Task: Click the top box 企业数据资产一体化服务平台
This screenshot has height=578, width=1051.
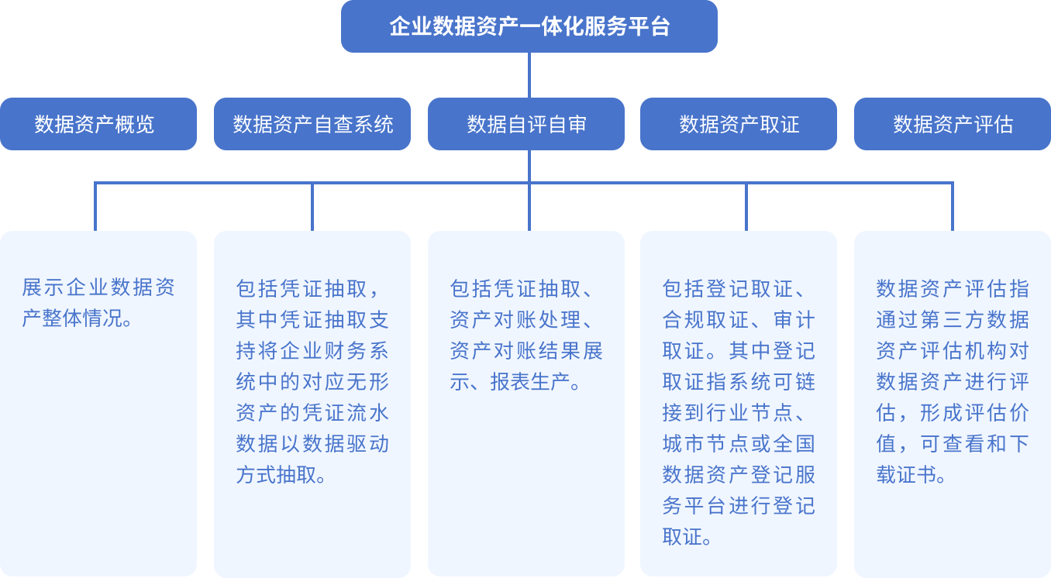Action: (529, 26)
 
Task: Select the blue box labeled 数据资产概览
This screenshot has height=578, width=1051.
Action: (98, 124)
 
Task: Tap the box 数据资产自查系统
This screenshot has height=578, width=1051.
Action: (312, 124)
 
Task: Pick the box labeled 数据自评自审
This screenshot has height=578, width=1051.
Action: (526, 124)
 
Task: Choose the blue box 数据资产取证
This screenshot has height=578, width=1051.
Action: (739, 124)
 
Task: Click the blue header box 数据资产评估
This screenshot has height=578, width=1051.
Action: (953, 124)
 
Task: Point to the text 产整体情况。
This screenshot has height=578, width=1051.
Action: (78, 318)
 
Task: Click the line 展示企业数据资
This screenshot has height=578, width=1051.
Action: (98, 287)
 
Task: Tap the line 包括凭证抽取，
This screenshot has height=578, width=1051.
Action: (308, 288)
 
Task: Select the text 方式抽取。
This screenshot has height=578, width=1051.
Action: (281, 475)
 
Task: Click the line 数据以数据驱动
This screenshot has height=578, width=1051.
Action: (312, 444)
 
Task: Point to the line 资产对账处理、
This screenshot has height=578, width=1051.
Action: (522, 319)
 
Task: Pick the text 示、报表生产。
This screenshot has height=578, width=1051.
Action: (515, 382)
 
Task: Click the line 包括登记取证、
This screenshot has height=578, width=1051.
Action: (734, 288)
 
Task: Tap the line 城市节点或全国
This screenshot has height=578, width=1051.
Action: (739, 444)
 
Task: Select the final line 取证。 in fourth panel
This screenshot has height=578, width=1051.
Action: (687, 537)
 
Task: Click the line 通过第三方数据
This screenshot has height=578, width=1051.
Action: (953, 319)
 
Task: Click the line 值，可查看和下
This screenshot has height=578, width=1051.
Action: (953, 444)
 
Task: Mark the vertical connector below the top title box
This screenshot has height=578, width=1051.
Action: (529, 75)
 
